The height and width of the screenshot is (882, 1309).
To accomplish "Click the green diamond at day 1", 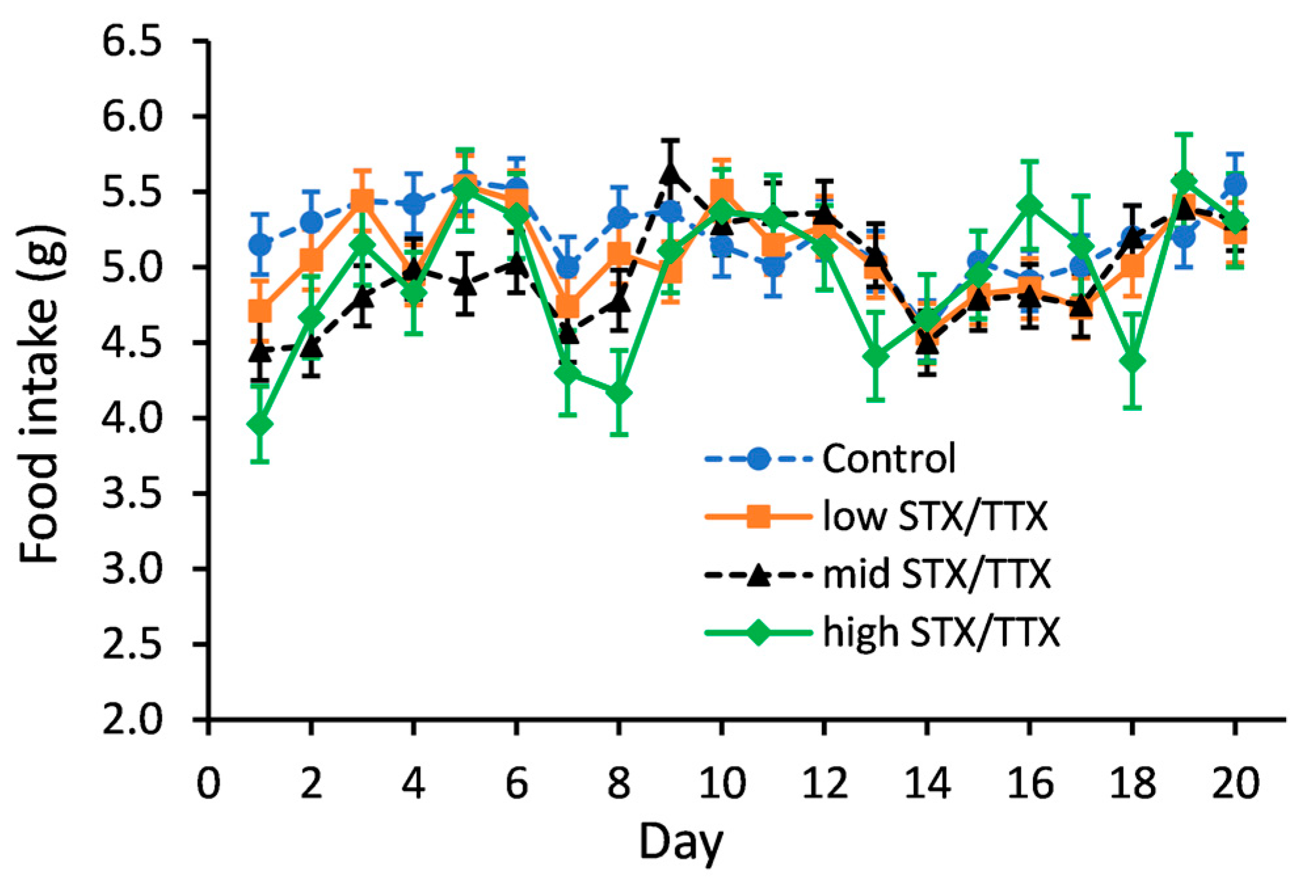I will tap(260, 425).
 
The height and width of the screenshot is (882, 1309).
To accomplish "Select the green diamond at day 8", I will tap(619, 393).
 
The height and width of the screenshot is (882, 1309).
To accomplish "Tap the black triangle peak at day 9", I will tap(670, 172).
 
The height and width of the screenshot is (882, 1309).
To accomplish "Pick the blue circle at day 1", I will tap(260, 245).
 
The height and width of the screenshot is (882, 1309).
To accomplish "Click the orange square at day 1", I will tap(260, 310).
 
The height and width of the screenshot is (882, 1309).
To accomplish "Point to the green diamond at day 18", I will tap(1133, 361).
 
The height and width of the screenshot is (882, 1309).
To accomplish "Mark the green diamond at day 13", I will tap(876, 357).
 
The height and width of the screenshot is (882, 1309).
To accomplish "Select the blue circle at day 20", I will tap(1236, 185).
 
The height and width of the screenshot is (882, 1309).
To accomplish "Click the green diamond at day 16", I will tap(1030, 206).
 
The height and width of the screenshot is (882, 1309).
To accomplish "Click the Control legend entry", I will tap(888, 459).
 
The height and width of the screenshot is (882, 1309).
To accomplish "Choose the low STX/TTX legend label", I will tap(935, 516).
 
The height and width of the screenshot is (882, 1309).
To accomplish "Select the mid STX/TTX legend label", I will tap(936, 574).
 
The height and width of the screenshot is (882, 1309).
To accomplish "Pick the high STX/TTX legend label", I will tap(941, 632).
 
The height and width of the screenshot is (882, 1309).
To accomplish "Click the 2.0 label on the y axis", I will tap(131, 719).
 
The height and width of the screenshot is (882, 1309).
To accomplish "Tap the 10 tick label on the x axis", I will tap(722, 783).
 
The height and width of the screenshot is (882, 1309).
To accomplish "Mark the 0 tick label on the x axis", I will tap(208, 783).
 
